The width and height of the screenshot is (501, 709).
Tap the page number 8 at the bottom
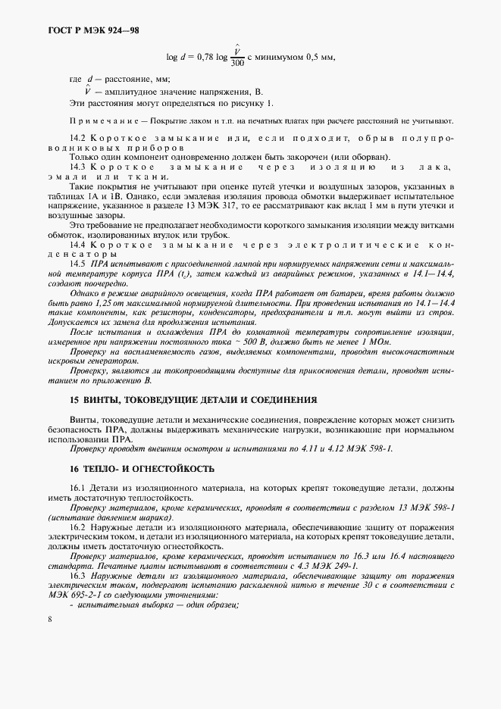[49, 620]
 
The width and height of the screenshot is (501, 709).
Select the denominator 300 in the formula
[236, 64]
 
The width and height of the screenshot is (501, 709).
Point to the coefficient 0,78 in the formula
[206, 56]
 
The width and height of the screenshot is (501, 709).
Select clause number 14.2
[77, 138]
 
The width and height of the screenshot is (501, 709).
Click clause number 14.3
[77, 166]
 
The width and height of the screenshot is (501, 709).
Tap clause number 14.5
[77, 261]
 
